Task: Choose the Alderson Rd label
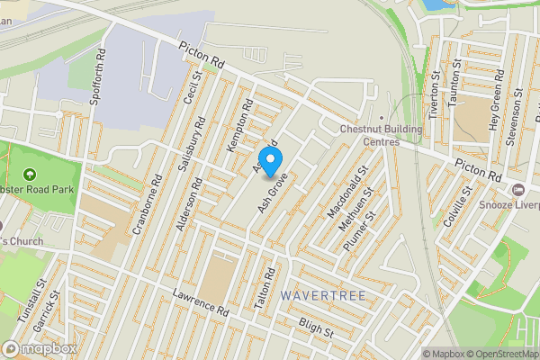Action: tap(189, 204)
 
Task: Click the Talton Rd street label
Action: tap(264, 290)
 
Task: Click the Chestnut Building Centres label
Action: tap(369, 134)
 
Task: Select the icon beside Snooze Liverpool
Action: tap(518, 190)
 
